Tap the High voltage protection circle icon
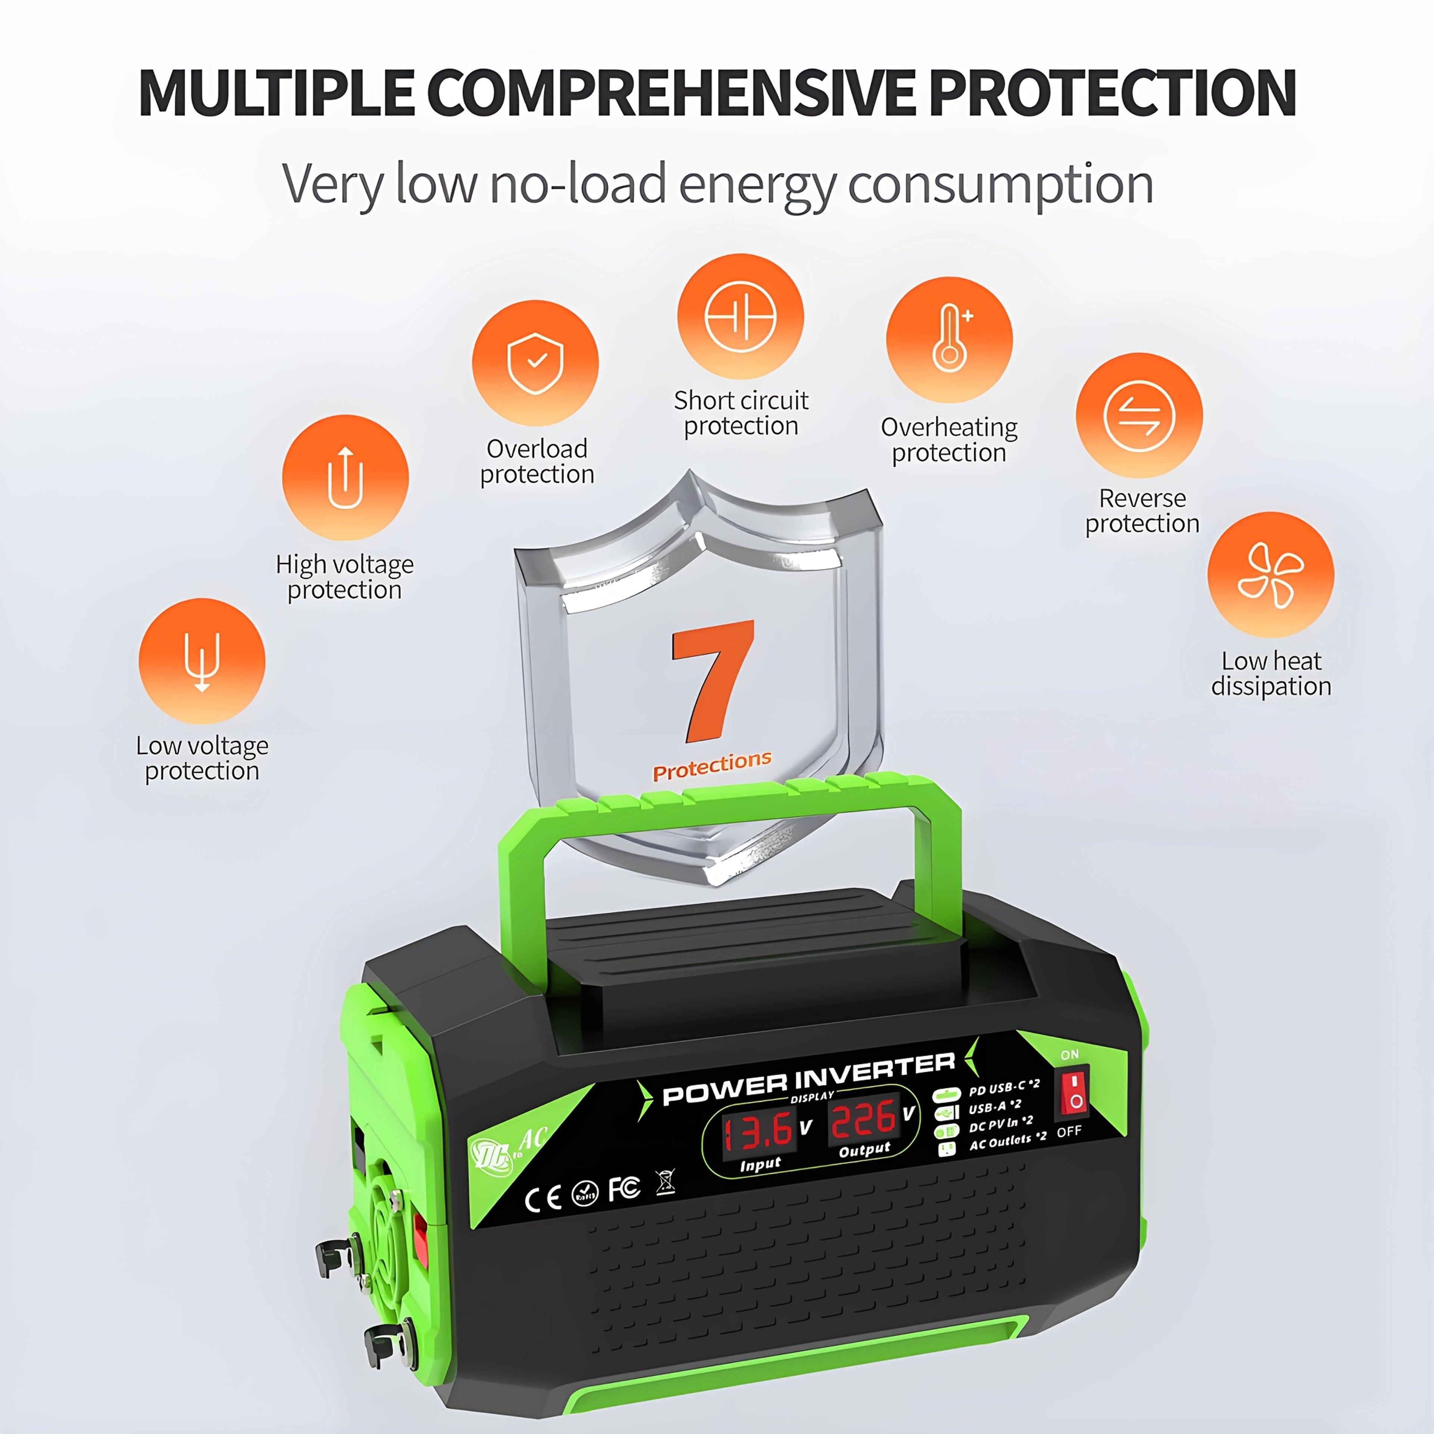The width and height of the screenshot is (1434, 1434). click(x=345, y=477)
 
